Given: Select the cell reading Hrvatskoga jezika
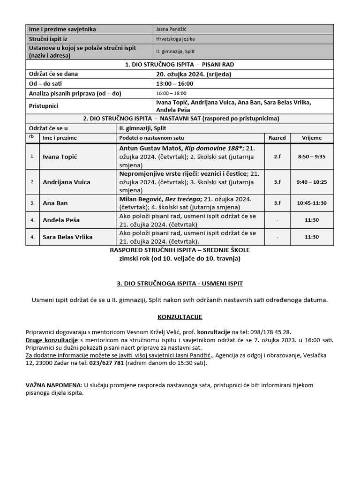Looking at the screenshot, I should (176, 40).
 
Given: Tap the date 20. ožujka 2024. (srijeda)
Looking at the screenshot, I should (194, 74).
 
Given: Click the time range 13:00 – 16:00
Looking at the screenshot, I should (174, 83).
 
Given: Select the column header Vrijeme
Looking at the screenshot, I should (312, 138).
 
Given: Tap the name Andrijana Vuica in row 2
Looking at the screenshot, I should (66, 182).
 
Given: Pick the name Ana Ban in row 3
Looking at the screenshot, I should (55, 203).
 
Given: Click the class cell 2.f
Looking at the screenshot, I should (277, 157).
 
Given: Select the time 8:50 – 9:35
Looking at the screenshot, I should (312, 157).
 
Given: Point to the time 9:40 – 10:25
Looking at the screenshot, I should (312, 182).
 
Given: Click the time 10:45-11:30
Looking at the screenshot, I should (312, 203).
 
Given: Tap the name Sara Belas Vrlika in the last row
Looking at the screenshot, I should (67, 237).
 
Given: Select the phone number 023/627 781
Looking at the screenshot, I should (106, 362).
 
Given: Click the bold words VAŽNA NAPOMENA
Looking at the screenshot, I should (53, 385).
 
